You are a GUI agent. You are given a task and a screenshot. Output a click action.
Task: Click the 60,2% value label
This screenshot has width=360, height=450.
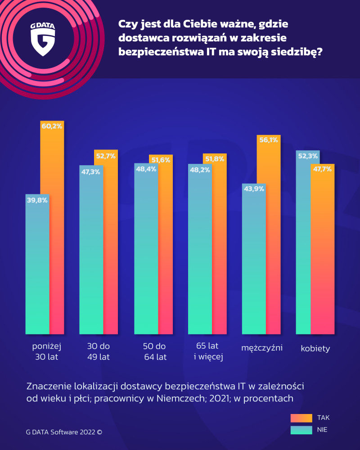pos(52,126)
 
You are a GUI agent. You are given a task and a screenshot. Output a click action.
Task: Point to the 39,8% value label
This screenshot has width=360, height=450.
pos(37,200)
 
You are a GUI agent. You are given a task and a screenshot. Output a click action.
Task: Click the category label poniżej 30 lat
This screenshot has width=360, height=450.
pos(46,352)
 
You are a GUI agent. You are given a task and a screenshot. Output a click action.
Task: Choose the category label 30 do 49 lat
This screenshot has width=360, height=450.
pos(98,352)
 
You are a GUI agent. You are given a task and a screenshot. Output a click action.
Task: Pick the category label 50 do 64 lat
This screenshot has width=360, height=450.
pos(154,352)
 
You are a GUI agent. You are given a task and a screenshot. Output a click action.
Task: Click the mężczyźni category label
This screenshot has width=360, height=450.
pos(261,348)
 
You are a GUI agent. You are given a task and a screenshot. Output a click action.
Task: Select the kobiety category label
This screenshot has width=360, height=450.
pos(315,348)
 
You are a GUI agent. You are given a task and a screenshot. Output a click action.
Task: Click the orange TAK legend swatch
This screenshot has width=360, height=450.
pos(301,418)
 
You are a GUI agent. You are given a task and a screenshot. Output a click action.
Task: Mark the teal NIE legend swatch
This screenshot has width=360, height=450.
pos(301,430)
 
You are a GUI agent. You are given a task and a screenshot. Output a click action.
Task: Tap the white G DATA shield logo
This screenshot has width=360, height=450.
pos(43,41)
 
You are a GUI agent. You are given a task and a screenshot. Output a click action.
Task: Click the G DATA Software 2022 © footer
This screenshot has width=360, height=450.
pos(64,432)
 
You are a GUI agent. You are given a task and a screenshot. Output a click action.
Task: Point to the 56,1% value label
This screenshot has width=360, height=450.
pos(268,140)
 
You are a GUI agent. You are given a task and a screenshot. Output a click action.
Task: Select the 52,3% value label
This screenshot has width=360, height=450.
pos(308,156)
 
